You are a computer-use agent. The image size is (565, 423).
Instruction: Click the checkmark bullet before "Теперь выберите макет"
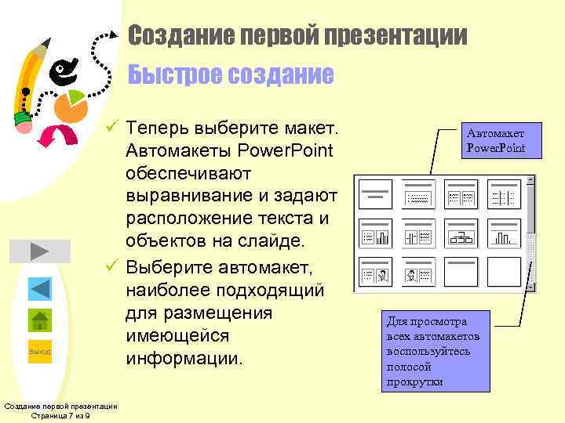pos(113,127)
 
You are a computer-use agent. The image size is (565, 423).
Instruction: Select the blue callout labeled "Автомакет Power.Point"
pos(496,141)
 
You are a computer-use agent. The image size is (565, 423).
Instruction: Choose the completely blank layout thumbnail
pos(504,271)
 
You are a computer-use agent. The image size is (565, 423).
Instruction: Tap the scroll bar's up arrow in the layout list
pos(530,180)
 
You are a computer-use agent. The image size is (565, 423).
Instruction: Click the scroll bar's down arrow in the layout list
pos(530,287)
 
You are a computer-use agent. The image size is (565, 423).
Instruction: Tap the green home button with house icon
pos(40,320)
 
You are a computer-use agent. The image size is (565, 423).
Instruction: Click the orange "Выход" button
pos(39,352)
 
